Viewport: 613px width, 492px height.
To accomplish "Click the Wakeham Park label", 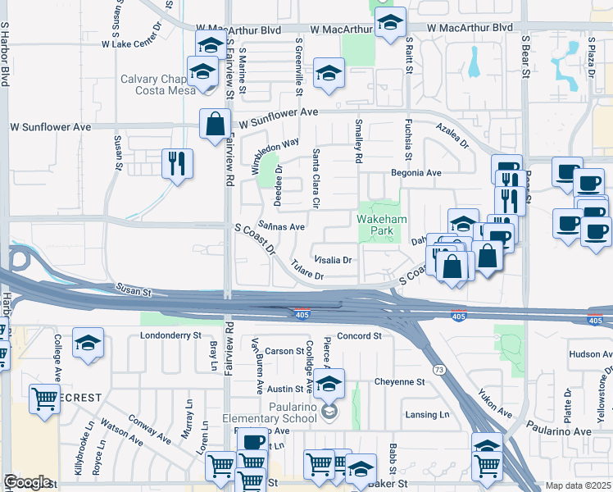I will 377,225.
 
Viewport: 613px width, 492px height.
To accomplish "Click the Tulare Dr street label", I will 307,271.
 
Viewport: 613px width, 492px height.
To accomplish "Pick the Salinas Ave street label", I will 281,226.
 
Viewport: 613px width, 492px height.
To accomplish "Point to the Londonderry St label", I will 170,335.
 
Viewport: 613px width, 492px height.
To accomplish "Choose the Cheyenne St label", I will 399,382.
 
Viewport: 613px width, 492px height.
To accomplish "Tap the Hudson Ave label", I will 590,354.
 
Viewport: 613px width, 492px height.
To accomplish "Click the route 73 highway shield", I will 441,371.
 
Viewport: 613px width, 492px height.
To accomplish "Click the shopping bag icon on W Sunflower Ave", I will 215,125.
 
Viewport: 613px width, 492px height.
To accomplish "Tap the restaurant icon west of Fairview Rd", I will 177,163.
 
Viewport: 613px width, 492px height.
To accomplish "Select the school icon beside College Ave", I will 88,344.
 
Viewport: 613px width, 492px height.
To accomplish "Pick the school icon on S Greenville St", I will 328,74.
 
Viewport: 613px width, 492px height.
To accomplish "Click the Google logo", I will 27,482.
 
